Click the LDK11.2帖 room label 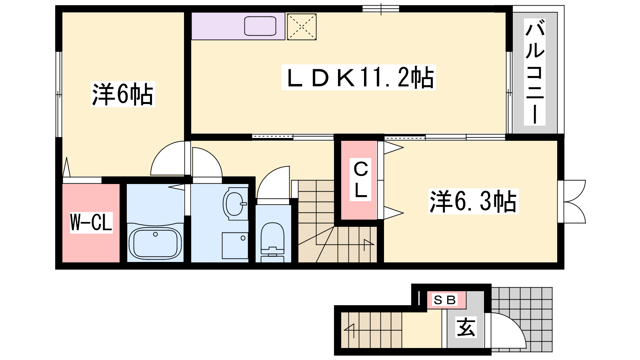[x=358, y=78]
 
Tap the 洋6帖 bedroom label [x=123, y=94]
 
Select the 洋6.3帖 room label [x=473, y=201]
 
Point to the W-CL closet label [x=91, y=222]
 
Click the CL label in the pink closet [x=360, y=180]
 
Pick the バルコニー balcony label [x=534, y=72]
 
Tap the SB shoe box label [x=444, y=300]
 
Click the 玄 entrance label [x=466, y=327]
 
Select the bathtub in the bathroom [x=155, y=242]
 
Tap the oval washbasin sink [x=235, y=204]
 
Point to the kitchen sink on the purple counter [x=260, y=26]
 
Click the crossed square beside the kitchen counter [x=302, y=27]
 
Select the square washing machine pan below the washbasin [x=235, y=246]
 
